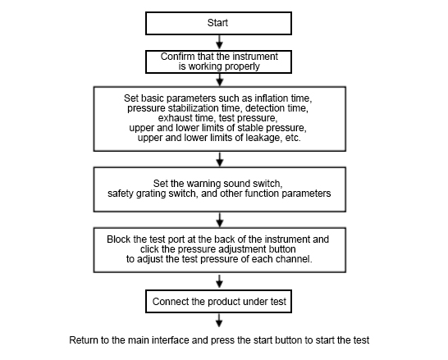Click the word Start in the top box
click(x=217, y=23)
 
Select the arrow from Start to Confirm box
click(x=219, y=42)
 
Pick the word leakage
click(x=263, y=138)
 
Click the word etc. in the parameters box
click(x=293, y=138)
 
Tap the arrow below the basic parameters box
click(x=219, y=159)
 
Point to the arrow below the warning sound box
click(x=219, y=220)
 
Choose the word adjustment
click(x=242, y=249)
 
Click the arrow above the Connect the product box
click(x=219, y=281)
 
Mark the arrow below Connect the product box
click(x=219, y=321)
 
